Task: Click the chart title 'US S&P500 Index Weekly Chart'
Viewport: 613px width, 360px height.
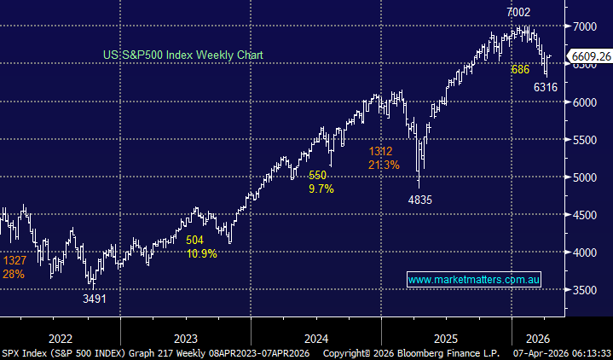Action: click(182, 55)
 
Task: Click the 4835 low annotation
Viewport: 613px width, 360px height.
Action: click(420, 200)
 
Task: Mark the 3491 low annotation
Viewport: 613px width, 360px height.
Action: click(95, 299)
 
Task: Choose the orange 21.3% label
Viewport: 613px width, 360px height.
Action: click(384, 165)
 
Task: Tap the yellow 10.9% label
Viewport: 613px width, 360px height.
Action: click(201, 254)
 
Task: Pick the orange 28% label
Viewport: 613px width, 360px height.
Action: click(14, 275)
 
